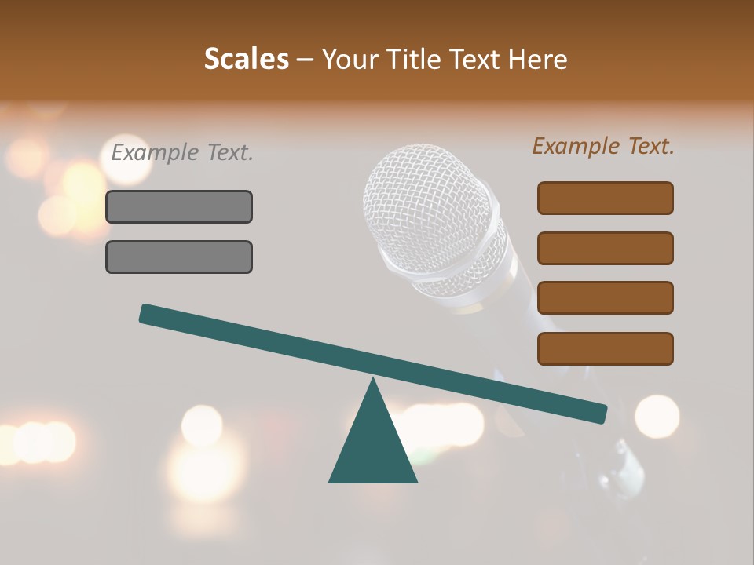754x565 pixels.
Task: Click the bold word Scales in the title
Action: click(246, 59)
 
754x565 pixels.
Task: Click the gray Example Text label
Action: click(181, 152)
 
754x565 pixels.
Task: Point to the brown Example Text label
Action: click(603, 146)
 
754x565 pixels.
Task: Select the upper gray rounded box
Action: click(179, 206)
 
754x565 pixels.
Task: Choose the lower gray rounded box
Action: click(179, 257)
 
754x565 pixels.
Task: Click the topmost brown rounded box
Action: click(605, 198)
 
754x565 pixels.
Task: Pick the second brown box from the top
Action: click(605, 248)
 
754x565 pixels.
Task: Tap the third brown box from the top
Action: click(605, 297)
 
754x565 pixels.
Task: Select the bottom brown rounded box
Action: click(605, 348)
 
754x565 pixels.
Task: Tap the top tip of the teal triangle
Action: click(372, 381)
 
